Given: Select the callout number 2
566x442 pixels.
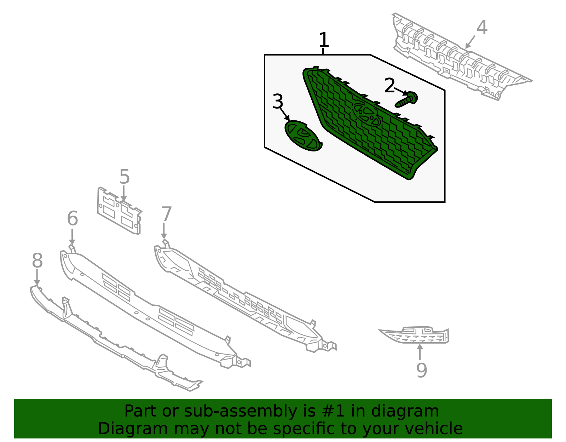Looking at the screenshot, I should (389, 86).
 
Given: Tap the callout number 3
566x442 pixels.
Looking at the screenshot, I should (278, 102).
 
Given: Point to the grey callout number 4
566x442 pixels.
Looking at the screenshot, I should (482, 28).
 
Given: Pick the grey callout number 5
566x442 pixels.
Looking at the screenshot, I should (125, 177).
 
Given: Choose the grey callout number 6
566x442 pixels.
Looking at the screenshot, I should (73, 218).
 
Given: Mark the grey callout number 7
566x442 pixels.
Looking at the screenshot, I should (166, 214).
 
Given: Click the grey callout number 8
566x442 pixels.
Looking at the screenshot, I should (37, 261).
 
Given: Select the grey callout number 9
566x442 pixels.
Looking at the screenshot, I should (421, 370).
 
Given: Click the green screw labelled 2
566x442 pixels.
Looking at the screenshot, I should (407, 100).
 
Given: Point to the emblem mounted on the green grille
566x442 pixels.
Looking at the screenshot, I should (366, 115).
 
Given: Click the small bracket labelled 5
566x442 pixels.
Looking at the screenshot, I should (119, 211).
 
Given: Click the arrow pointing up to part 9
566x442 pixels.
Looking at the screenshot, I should (420, 352).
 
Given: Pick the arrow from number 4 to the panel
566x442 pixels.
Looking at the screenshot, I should (470, 42).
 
